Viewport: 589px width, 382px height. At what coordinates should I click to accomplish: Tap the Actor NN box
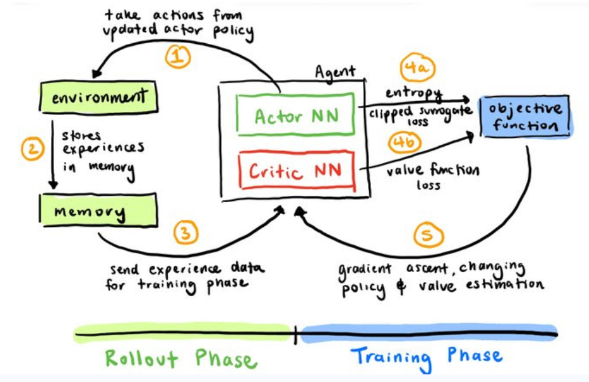click(295, 116)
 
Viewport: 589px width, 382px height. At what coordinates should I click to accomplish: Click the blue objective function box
click(525, 116)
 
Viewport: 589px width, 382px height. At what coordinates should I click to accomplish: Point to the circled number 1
click(179, 58)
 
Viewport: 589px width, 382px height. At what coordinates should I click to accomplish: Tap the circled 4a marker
click(419, 68)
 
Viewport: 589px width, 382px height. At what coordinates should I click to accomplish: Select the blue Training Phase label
click(426, 356)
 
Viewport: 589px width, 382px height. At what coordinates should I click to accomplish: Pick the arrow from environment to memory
click(53, 153)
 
